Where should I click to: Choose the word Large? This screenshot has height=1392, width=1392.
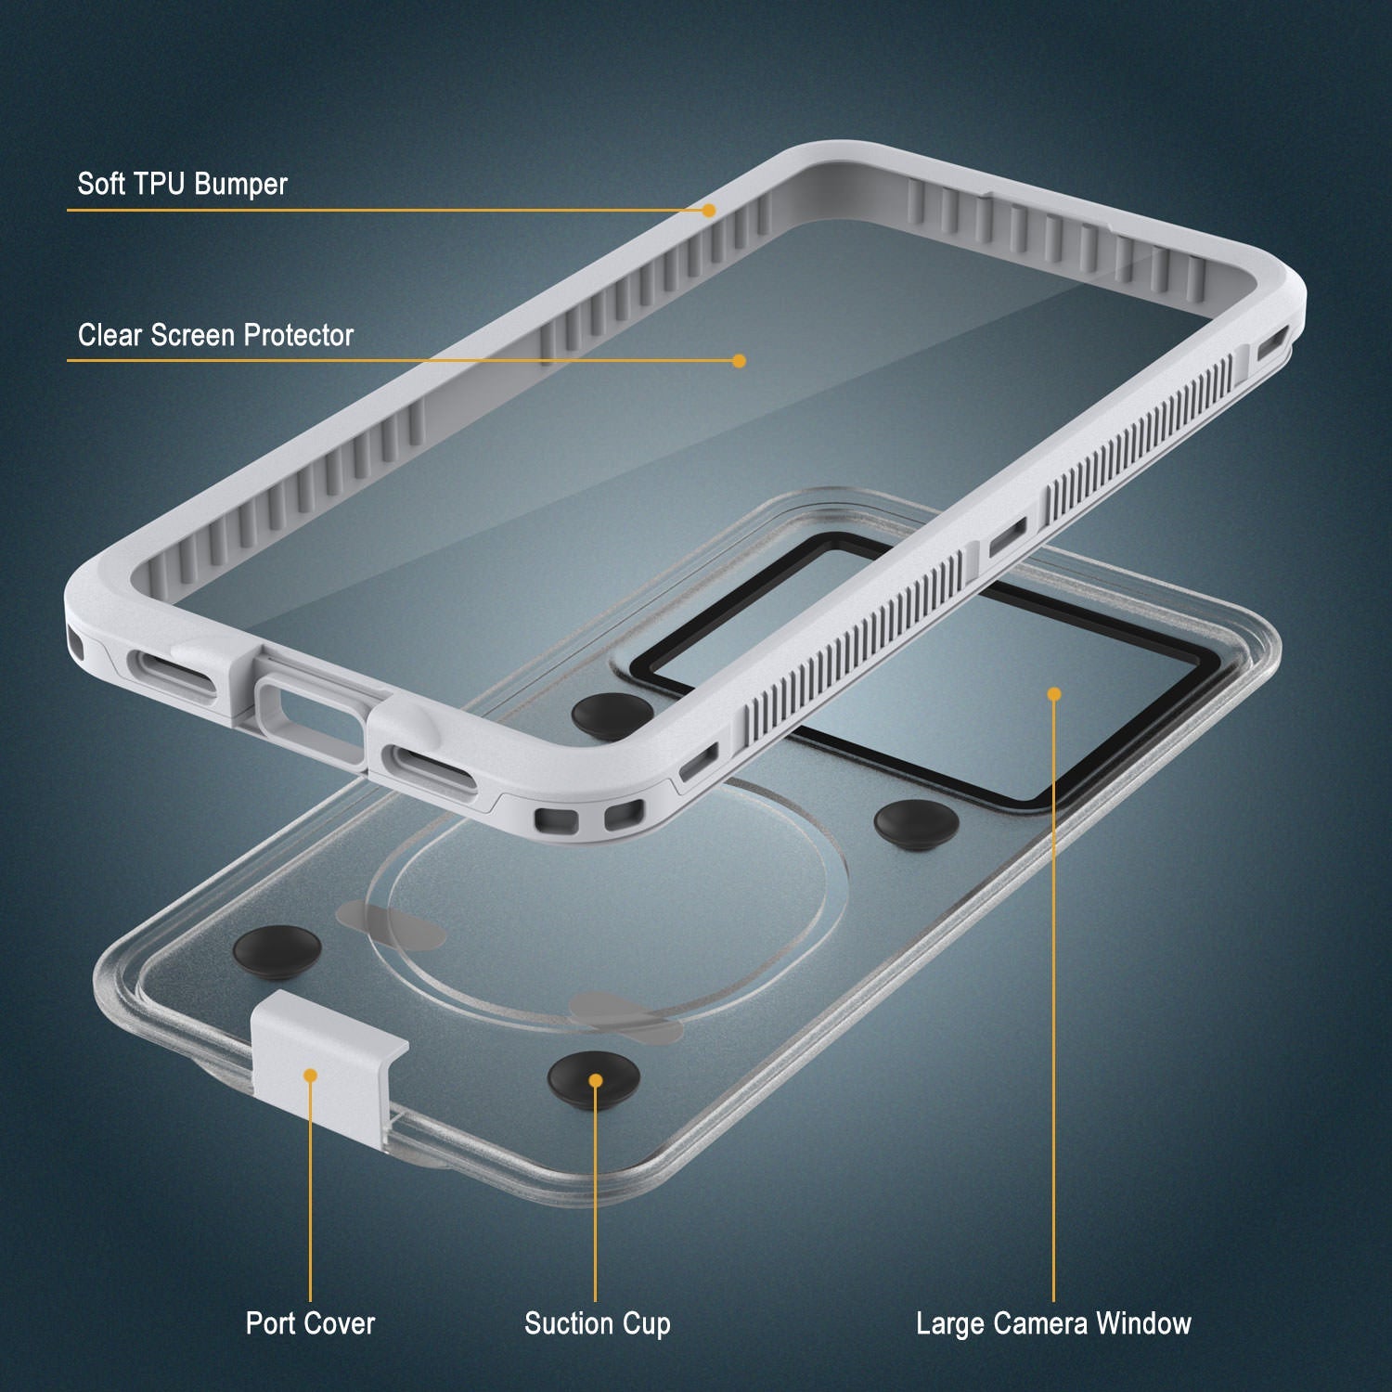click(948, 1323)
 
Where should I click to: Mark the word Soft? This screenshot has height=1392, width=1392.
click(100, 184)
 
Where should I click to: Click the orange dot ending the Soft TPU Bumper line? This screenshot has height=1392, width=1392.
click(709, 211)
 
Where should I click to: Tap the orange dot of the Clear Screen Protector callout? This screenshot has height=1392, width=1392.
click(739, 361)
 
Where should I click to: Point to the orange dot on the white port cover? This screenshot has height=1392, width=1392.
click(310, 1075)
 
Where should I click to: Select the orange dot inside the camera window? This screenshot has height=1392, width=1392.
click(1053, 694)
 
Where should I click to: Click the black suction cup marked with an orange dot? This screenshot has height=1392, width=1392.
click(594, 1079)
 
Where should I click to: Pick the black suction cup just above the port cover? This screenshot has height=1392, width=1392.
click(277, 947)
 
